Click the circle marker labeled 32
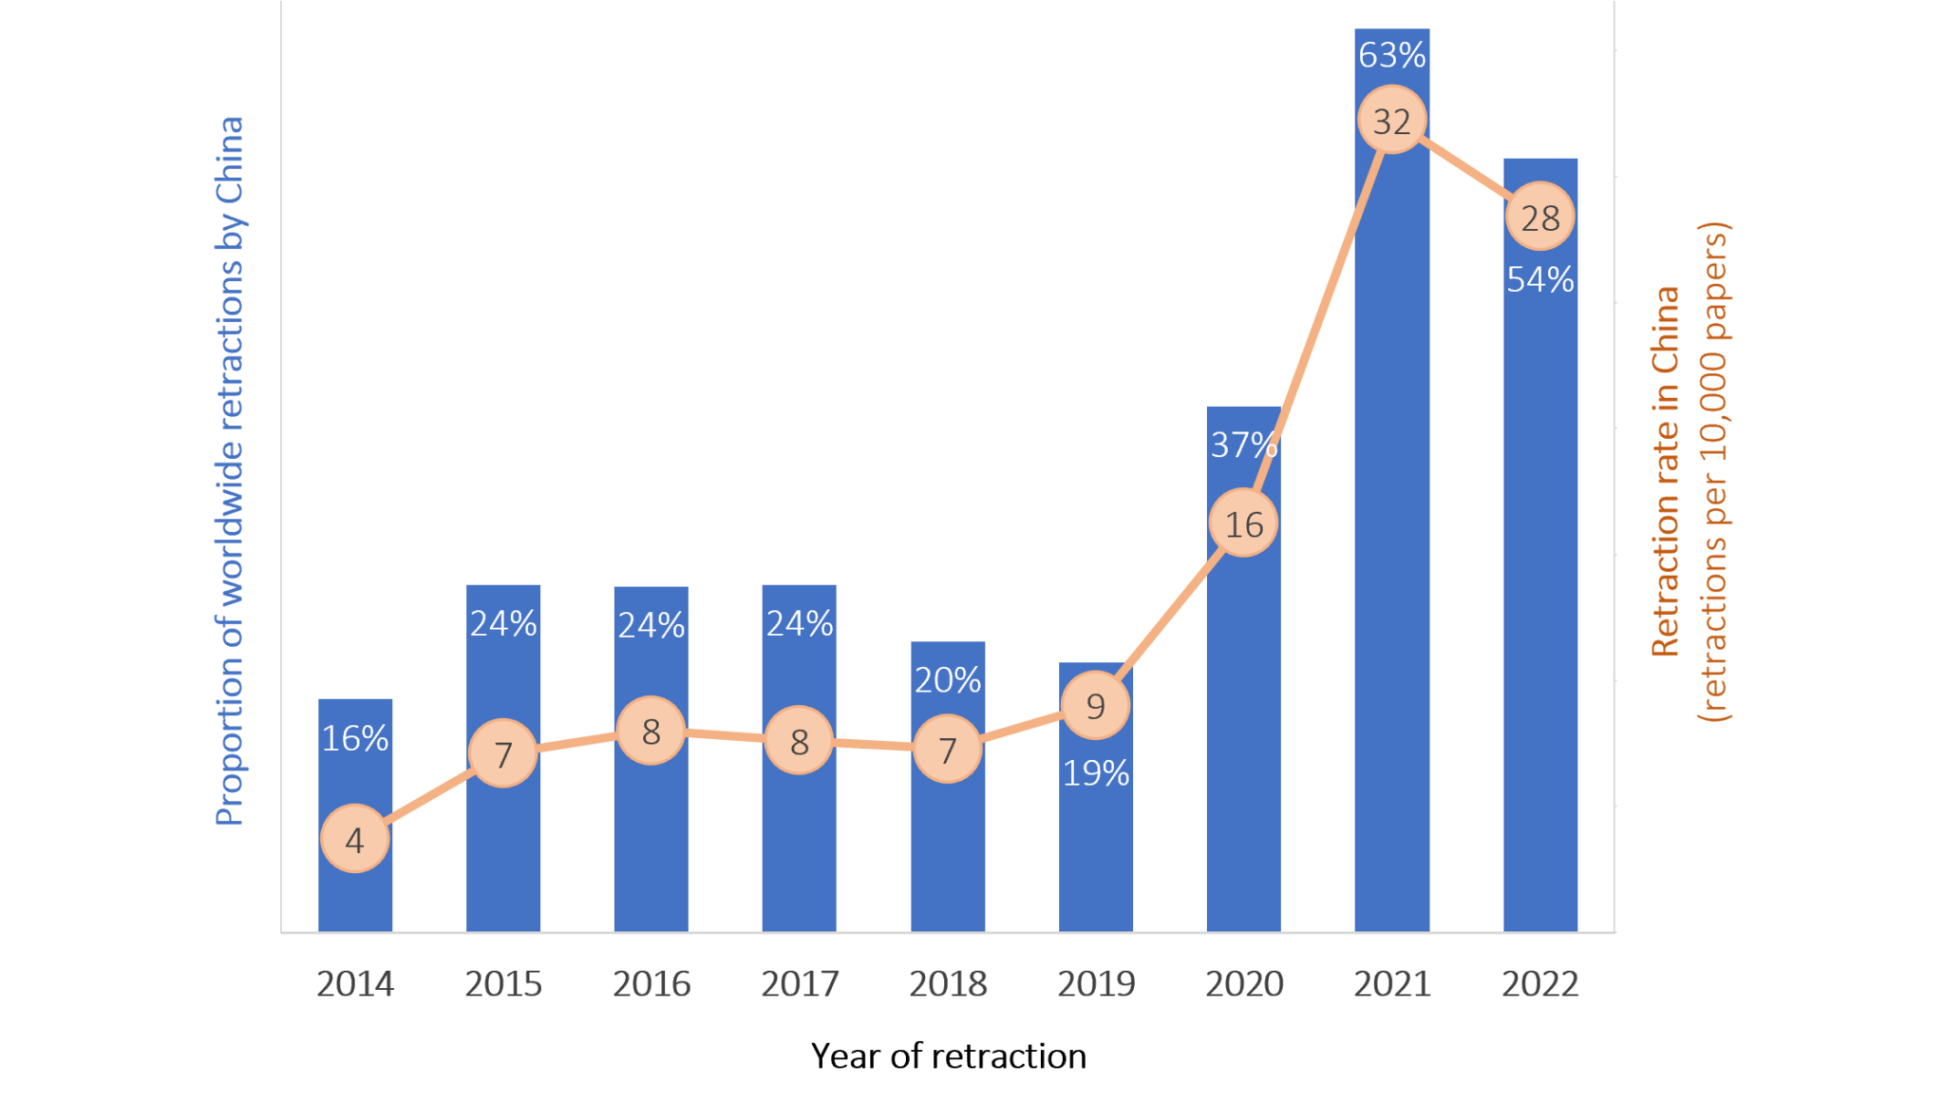point(1391,121)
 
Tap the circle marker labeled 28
point(1539,218)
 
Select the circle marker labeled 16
point(1243,523)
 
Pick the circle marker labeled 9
point(1095,706)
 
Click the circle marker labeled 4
point(354,839)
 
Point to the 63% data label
point(1391,55)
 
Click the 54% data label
point(1539,279)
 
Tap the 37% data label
point(1243,444)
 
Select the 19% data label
point(1095,773)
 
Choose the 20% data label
point(947,680)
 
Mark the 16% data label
point(354,738)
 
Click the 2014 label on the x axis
point(354,983)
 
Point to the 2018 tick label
point(947,983)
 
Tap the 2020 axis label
point(1243,983)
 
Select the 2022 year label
point(1539,983)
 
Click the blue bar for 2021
point(1391,570)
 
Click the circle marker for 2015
point(503,753)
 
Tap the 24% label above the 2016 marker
point(651,625)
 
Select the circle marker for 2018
point(947,750)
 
